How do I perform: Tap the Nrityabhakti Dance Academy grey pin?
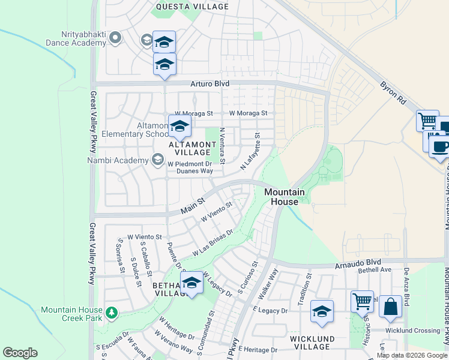tap(116, 38)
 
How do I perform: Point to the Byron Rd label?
tap(393, 94)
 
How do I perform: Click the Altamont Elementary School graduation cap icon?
tap(179, 127)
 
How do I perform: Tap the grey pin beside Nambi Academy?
tap(157, 160)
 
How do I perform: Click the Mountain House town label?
tap(283, 197)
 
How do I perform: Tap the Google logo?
tap(20, 353)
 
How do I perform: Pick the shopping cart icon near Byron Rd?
tap(427, 121)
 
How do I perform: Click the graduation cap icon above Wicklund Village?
tap(322, 311)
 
